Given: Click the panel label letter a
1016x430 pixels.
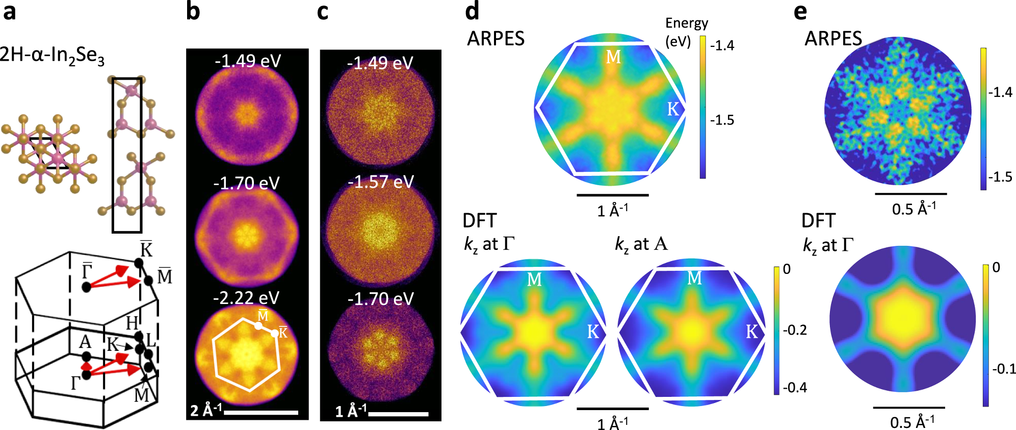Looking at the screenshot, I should click(x=9, y=11).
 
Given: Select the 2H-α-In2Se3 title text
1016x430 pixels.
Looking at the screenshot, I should click(x=52, y=56).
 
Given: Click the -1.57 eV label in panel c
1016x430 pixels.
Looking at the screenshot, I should click(x=380, y=182).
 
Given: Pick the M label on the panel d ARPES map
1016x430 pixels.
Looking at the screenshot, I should click(x=613, y=57).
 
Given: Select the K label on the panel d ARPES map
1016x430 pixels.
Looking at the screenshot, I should click(x=673, y=109).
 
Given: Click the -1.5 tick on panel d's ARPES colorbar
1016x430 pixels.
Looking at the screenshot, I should click(x=722, y=120).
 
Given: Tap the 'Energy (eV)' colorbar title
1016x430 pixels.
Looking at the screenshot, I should click(x=686, y=32).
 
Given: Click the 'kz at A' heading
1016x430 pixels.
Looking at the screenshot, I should click(x=641, y=244).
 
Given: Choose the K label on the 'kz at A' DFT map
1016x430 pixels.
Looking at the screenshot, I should click(x=751, y=332).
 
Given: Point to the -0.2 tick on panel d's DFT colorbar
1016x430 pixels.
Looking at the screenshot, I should click(x=795, y=330).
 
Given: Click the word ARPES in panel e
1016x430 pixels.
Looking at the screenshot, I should click(x=833, y=39).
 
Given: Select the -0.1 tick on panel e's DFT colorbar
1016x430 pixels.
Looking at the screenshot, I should click(x=1004, y=369).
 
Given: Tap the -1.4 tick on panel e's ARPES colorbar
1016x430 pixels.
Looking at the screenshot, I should click(x=1000, y=92).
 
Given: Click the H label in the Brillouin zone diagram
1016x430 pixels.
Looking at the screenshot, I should click(x=132, y=322).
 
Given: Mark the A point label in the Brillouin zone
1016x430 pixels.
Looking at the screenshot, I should click(x=85, y=342).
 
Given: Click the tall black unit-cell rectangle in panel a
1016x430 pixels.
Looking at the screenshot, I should click(x=127, y=155).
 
